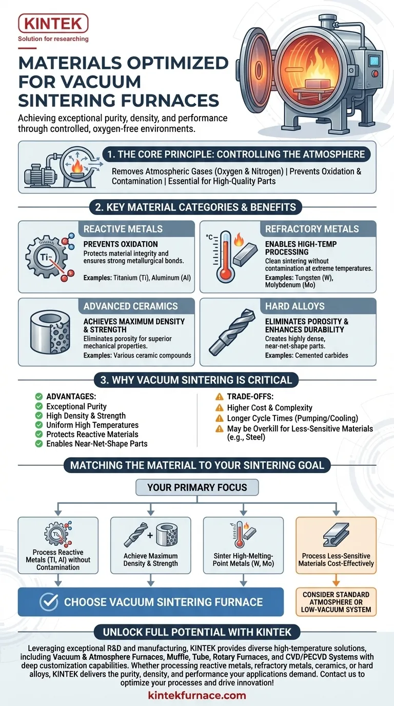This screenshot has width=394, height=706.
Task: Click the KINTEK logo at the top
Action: (x=53, y=24)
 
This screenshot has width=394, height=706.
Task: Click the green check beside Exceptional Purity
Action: (x=39, y=406)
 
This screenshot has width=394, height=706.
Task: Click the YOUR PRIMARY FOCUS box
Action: (x=197, y=487)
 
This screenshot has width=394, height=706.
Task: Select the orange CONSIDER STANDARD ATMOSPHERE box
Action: (x=336, y=602)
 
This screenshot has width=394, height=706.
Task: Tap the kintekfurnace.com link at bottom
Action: (x=197, y=696)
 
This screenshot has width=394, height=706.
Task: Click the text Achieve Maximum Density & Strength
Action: (x=151, y=559)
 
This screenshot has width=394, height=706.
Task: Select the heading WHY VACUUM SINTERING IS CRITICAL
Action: (x=197, y=380)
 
